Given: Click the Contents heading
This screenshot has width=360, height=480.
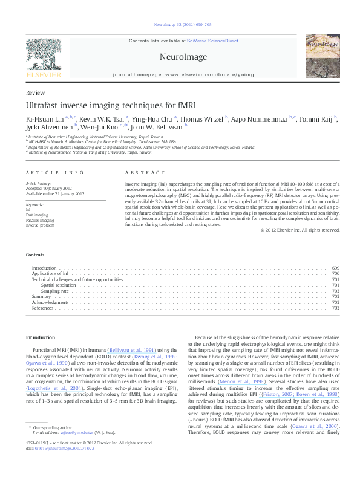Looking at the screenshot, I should click(35, 255).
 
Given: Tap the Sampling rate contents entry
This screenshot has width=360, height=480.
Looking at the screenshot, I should click(54, 291).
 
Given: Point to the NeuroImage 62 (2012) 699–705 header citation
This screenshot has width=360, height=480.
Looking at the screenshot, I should click(180, 25).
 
